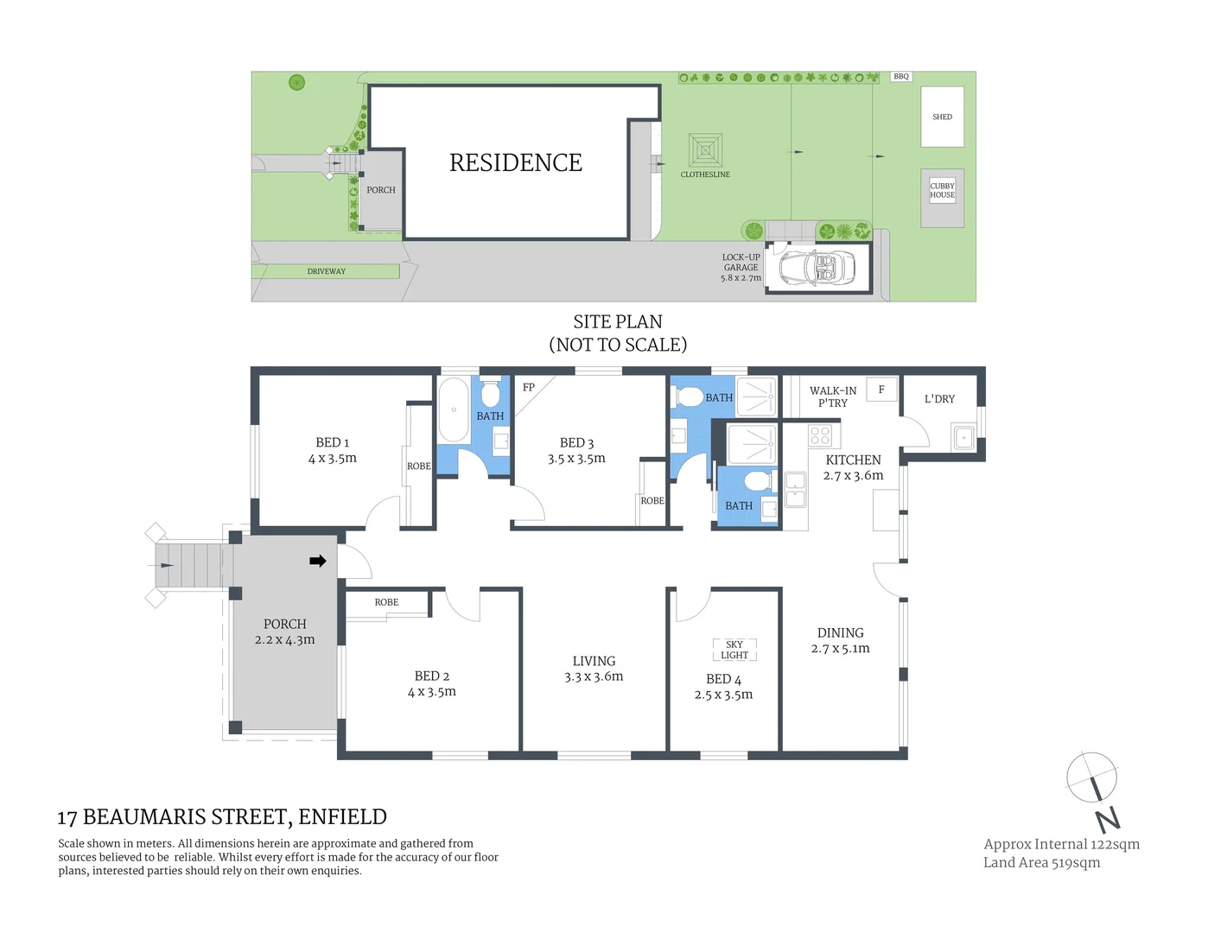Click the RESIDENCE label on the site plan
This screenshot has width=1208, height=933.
coord(515,162)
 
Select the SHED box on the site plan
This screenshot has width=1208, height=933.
coord(942,117)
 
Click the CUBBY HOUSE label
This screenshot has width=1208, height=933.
coord(942,190)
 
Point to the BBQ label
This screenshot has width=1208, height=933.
coord(901,77)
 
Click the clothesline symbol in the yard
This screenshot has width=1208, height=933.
coord(705,150)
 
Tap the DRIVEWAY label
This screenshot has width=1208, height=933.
coord(326,271)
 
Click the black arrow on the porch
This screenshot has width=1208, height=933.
coord(318,561)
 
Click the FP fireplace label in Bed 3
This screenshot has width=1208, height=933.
coord(529,387)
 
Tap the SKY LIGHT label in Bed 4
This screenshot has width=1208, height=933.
coord(734,650)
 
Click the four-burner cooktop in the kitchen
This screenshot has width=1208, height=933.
coord(819,435)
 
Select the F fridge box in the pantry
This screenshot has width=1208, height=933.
coord(881,390)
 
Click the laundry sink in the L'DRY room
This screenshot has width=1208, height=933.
coord(963,437)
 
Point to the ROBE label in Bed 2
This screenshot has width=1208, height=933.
coord(386,602)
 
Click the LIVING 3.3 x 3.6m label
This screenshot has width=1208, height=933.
coord(594,669)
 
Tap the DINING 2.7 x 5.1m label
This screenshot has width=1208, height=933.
coord(840,640)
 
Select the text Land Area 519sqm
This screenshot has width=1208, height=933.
coord(1041,862)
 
